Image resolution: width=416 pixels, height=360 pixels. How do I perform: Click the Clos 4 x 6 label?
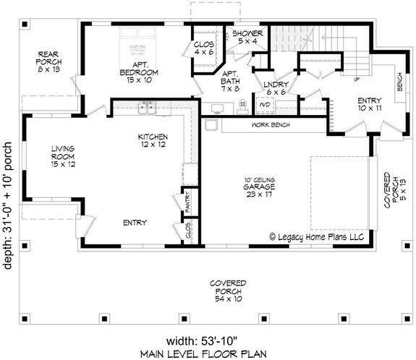point(203,48)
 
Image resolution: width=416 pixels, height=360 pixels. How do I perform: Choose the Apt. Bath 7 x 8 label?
point(230,80)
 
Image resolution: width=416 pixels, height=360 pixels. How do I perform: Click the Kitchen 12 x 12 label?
point(154,140)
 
